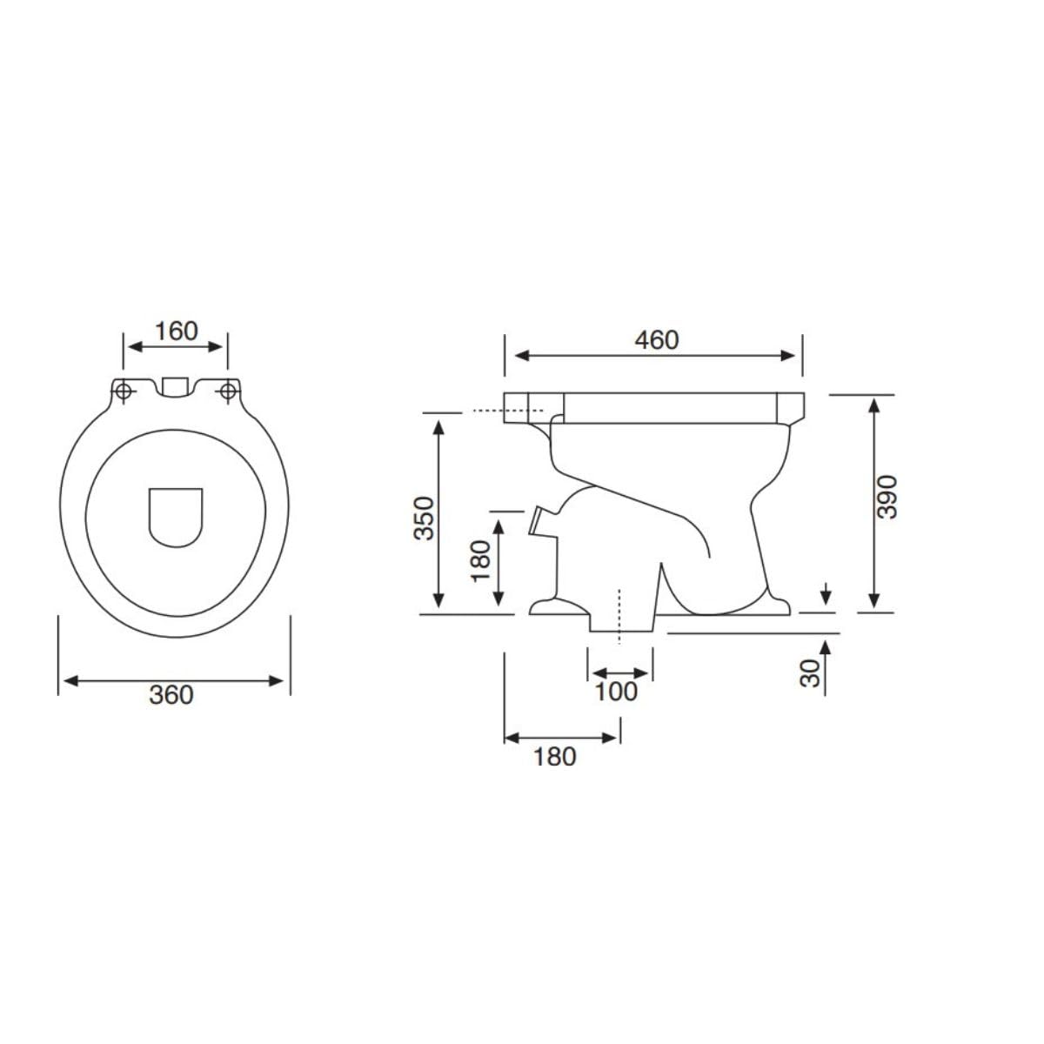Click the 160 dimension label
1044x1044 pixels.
(177, 331)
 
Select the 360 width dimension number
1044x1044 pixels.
(171, 696)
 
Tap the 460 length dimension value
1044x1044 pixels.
(657, 340)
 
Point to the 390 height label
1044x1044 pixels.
(887, 497)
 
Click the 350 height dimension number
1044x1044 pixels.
(425, 518)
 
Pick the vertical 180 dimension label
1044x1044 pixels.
(480, 561)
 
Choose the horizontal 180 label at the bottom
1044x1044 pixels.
(555, 757)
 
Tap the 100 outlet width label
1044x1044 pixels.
(616, 692)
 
